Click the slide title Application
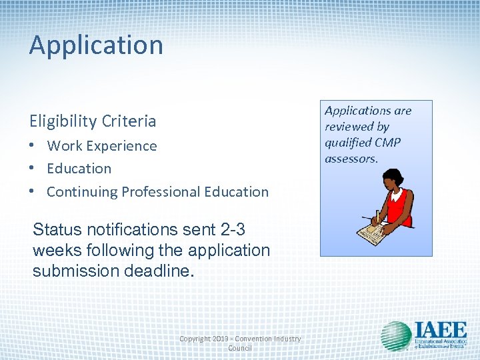(x=96, y=45)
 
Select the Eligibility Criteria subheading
(x=92, y=121)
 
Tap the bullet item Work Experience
(x=102, y=145)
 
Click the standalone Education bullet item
(x=79, y=169)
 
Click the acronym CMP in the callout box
(x=387, y=142)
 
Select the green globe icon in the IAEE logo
(x=396, y=337)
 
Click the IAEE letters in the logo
(x=441, y=330)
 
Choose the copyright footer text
(x=240, y=343)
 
